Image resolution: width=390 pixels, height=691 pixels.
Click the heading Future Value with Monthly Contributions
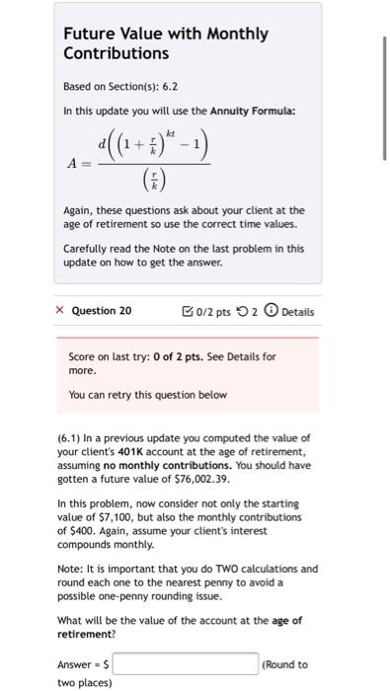[165, 42]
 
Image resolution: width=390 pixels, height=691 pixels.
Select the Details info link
[290, 311]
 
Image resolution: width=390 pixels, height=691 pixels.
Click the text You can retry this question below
[148, 395]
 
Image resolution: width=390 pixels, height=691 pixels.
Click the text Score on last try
[115, 355]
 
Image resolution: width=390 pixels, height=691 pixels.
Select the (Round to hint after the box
[286, 664]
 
